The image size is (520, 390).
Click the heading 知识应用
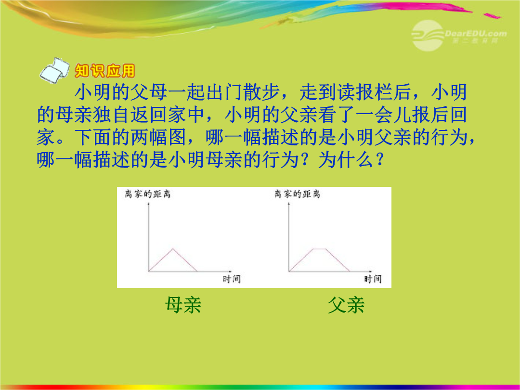pyautogui.click(x=105, y=71)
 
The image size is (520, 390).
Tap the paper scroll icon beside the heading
pyautogui.click(x=54, y=70)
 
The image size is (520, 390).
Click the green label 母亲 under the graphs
pyautogui.click(x=183, y=305)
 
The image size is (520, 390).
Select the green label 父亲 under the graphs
pyautogui.click(x=346, y=305)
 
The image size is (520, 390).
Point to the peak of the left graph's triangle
pyautogui.click(x=172, y=248)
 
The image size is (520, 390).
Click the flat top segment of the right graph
pyautogui.click(x=320, y=249)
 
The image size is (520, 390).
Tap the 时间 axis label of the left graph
pyautogui.click(x=232, y=279)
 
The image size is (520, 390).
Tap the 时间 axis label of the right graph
pyautogui.click(x=373, y=279)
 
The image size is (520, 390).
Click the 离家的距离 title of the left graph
pyautogui.click(x=148, y=194)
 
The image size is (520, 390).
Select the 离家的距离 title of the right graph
pyautogui.click(x=297, y=194)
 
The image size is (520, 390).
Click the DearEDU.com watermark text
pyautogui.click(x=476, y=34)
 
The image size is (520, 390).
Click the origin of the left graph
pyautogui.click(x=149, y=272)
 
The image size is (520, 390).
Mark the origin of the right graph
pyautogui.click(x=289, y=272)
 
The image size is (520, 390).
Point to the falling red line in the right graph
pyautogui.click(x=338, y=260)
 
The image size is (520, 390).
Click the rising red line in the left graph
pyautogui.click(x=160, y=260)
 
